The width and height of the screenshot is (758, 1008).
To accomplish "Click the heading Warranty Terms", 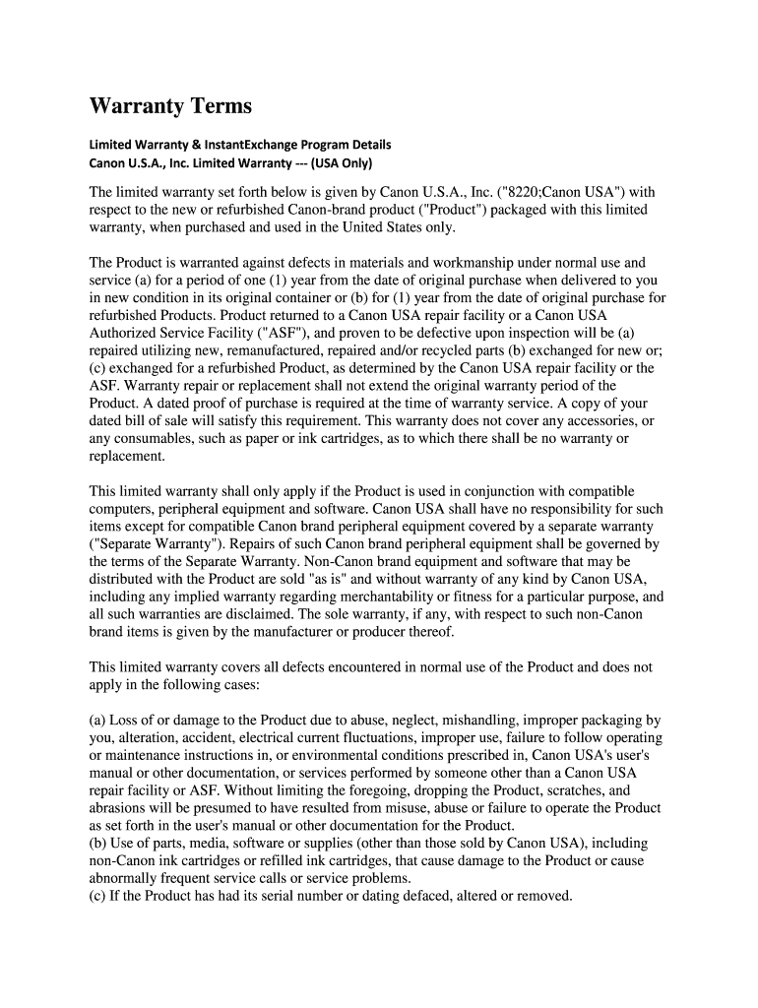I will pyautogui.click(x=170, y=105).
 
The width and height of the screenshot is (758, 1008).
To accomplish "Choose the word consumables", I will pyautogui.click(x=154, y=439).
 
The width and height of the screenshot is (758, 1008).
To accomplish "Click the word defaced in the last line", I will pyautogui.click(x=419, y=897).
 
